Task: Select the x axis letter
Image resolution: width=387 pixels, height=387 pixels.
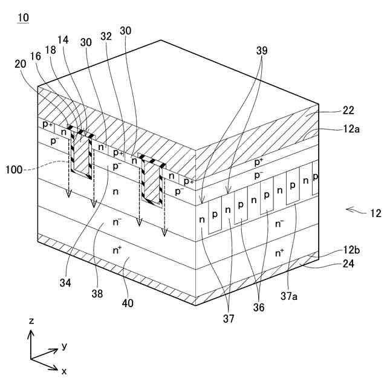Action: (64, 369)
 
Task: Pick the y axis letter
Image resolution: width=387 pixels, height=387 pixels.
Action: (63, 346)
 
